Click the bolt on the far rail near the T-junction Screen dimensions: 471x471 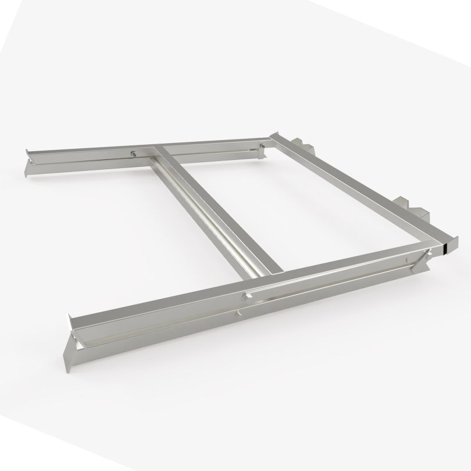coord(135,154)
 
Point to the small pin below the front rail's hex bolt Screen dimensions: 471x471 coord(240,313)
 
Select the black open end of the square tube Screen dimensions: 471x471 coord(445,248)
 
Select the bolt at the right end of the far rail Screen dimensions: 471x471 coord(263,145)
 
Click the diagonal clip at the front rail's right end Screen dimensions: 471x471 coord(420,262)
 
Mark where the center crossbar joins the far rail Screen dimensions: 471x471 coord(158,153)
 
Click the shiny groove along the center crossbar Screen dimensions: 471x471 coord(215,221)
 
